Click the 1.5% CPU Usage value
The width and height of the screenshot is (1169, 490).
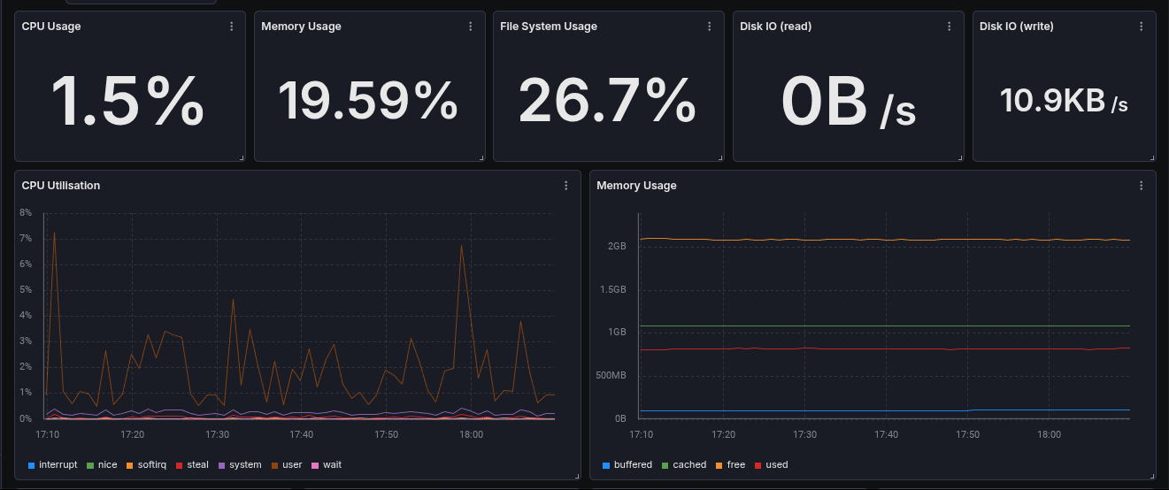128,102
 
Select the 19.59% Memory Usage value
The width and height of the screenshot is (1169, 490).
368,100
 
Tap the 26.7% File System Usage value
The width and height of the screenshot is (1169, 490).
607,100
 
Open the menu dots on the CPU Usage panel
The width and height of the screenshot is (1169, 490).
232,27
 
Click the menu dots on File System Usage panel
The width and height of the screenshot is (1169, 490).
710,27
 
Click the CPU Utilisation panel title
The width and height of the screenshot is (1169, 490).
61,186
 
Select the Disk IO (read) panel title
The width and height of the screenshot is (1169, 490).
775,27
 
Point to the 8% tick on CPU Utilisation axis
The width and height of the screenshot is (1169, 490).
26,213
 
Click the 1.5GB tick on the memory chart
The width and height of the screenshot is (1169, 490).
611,289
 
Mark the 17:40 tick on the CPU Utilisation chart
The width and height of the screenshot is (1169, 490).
302,434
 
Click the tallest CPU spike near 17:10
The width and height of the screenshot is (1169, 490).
54,233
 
